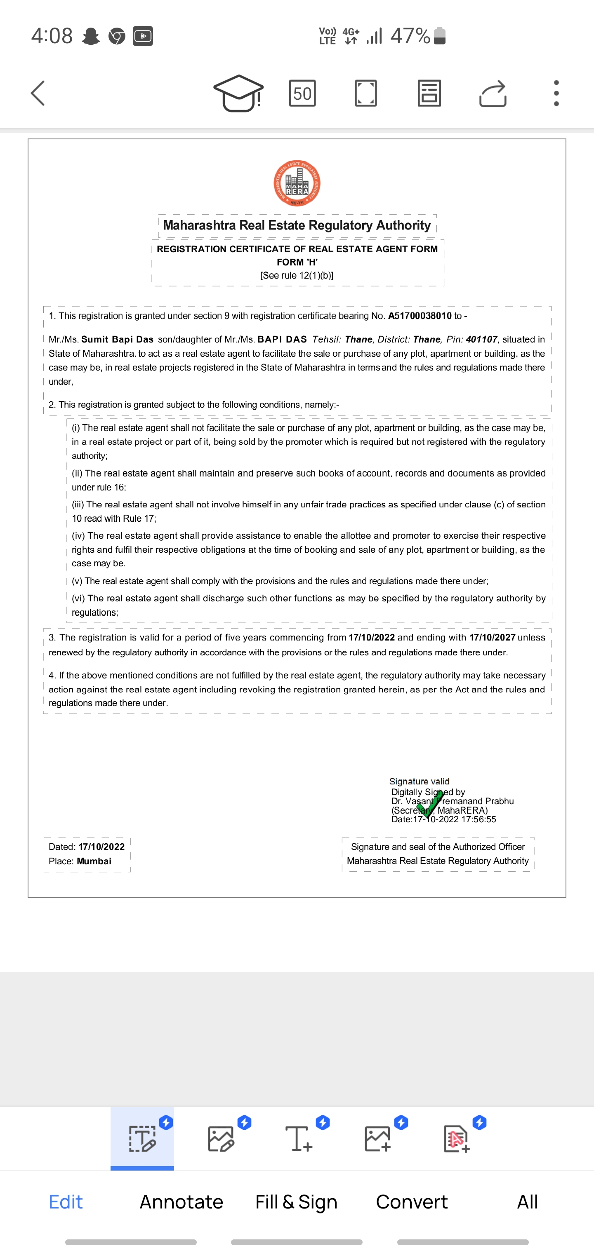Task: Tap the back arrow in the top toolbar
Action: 38,93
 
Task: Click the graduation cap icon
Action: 238,93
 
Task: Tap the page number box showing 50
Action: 302,93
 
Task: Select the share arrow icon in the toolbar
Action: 493,93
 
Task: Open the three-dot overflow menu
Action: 556,93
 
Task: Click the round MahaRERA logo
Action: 297,183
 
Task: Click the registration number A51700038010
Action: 420,316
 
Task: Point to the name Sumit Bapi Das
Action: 117,339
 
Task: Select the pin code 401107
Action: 481,339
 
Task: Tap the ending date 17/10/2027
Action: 492,637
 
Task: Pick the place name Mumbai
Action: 94,861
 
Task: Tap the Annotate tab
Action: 181,1201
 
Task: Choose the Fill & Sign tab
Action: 296,1201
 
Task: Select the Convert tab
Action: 411,1201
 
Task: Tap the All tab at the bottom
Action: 527,1201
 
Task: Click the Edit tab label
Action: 66,1201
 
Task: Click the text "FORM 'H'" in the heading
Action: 297,262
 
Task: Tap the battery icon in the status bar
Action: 440,35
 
